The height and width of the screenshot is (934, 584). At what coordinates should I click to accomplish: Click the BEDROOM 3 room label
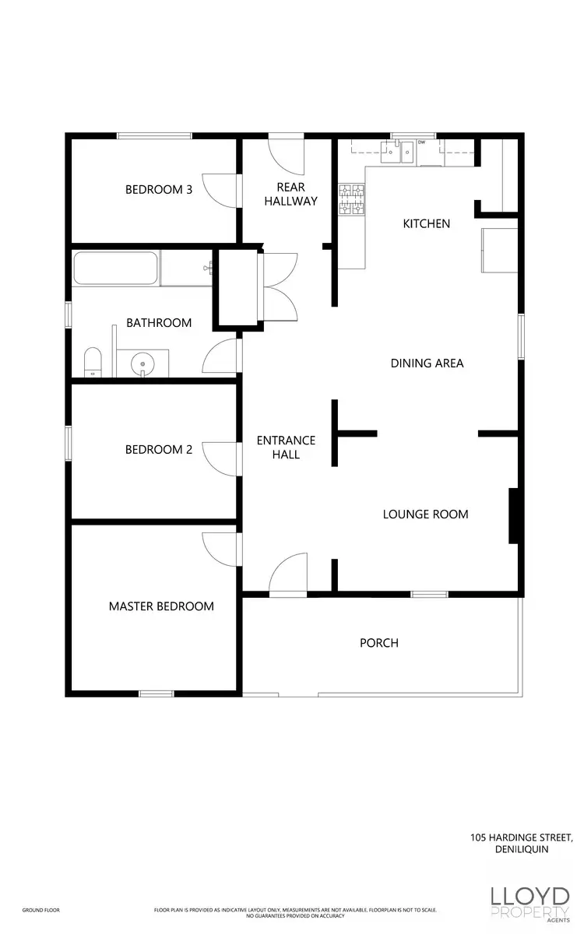pos(159,188)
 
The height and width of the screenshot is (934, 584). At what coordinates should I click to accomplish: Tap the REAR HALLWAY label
pos(290,194)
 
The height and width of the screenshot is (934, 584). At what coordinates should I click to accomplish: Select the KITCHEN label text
pos(426,223)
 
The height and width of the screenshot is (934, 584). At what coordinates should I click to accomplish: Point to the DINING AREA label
pos(427,363)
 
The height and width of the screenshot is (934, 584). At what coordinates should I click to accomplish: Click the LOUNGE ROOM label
pos(425,514)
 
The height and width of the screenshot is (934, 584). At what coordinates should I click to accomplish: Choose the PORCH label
pos(379,643)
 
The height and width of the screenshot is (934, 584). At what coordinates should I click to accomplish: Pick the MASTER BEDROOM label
pos(161,606)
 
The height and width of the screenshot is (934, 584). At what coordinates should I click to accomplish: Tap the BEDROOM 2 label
pos(159,449)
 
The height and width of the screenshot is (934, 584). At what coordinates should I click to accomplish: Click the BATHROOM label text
pos(159,322)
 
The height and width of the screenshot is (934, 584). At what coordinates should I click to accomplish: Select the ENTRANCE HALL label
pos(286,448)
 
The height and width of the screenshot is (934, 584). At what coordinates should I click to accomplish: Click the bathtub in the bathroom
pos(117,269)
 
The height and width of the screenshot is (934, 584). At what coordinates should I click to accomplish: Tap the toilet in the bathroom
pos(93,363)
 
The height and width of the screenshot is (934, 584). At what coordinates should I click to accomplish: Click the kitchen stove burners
pos(350,199)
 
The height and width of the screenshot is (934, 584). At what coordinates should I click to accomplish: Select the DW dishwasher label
pos(421,142)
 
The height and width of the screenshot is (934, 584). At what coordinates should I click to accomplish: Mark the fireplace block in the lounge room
pos(514,515)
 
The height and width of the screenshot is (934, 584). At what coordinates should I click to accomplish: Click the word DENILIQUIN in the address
pos(522,849)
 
